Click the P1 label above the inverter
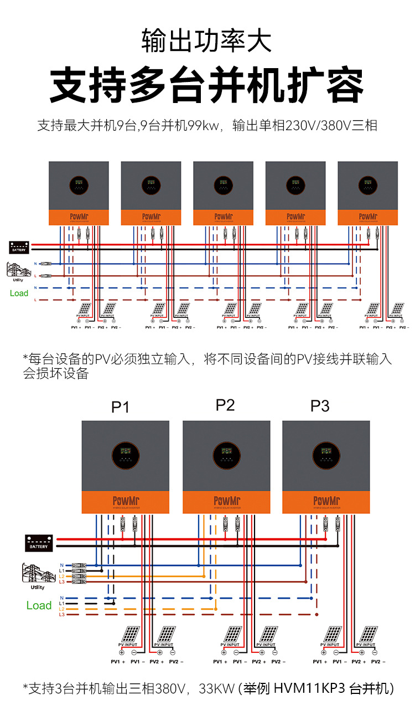pos(120,407)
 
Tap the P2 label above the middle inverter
pos(225,405)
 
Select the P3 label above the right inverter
pos(320,406)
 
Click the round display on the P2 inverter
pos(227,456)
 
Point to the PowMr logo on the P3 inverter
pos(326,501)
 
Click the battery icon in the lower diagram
pos(39,543)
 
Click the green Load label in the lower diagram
pos(39,605)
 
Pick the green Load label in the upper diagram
pos(19,293)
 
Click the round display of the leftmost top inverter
pos(79,185)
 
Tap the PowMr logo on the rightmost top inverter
pos(368,217)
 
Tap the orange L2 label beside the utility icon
pos(61,576)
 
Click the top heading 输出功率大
pos(207,42)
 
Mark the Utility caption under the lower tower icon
pos(38,587)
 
